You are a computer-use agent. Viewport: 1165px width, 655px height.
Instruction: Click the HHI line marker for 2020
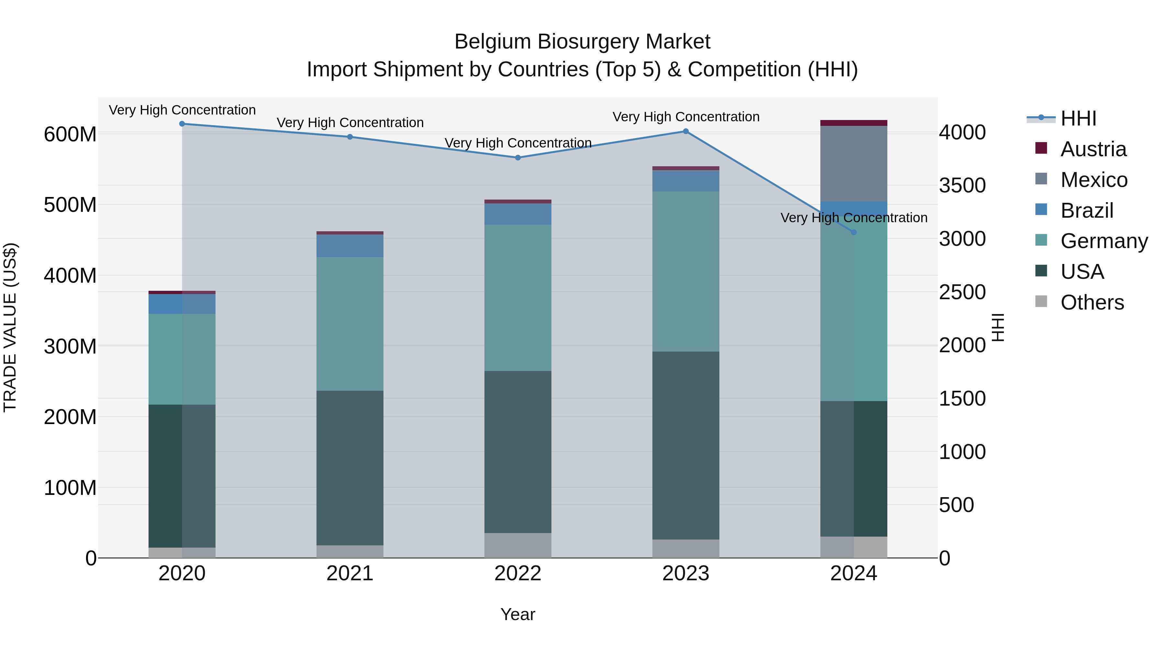[182, 124]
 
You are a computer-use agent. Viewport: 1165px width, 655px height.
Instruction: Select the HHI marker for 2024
[853, 232]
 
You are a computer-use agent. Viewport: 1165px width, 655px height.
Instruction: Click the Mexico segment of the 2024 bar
[853, 164]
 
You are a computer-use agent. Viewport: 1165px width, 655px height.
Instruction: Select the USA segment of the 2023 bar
[686, 445]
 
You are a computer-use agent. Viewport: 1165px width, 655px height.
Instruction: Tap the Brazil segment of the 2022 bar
[518, 214]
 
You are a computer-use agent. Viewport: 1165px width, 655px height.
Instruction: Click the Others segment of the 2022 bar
[518, 545]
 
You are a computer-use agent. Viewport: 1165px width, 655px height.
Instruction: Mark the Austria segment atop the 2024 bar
[853, 123]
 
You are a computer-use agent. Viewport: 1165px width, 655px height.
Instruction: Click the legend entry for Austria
[1093, 149]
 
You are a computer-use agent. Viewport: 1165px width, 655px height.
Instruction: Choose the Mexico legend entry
[1093, 180]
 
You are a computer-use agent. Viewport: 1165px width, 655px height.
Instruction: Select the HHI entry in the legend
[1078, 118]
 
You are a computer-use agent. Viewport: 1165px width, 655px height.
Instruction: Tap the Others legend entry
[1092, 302]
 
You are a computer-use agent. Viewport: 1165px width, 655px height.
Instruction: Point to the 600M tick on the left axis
[70, 134]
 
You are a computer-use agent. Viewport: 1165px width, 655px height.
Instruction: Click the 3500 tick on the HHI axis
[962, 186]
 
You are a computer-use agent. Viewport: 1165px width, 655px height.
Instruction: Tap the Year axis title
[517, 614]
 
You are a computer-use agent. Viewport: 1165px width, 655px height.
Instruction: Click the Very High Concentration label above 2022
[518, 143]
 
